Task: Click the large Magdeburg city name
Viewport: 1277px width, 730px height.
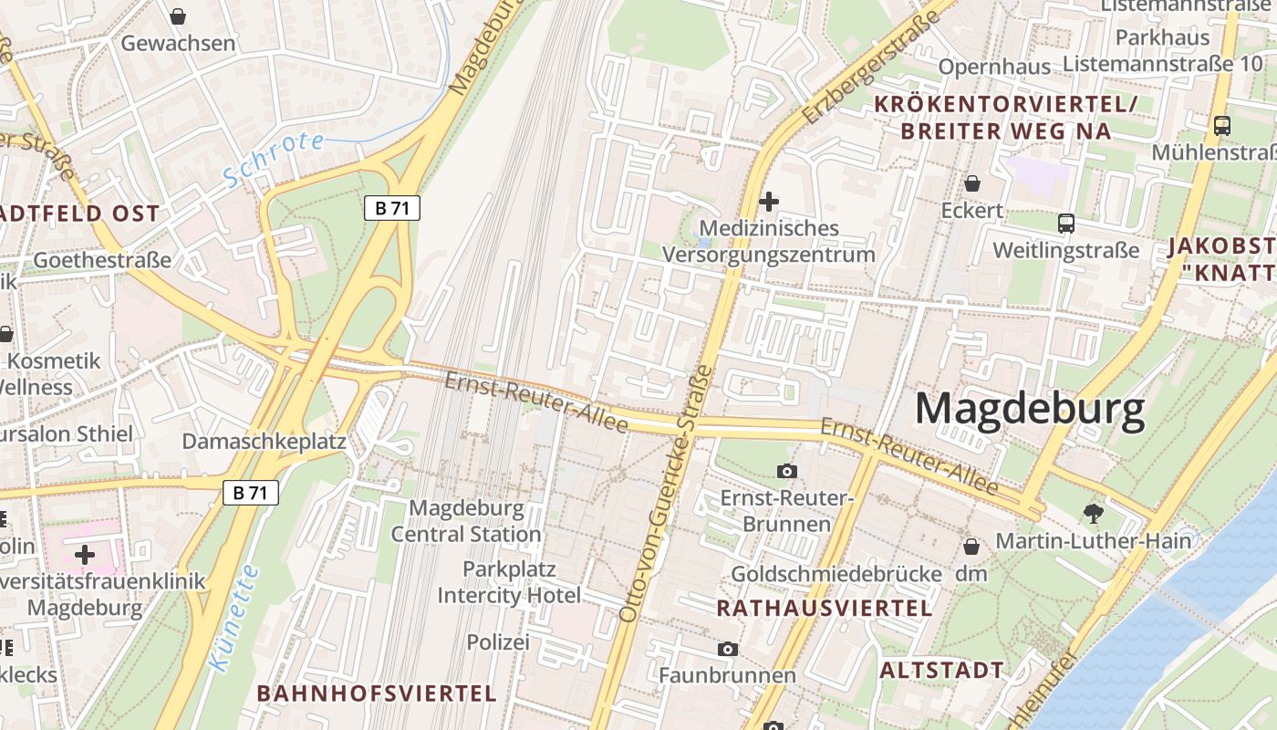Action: (1030, 410)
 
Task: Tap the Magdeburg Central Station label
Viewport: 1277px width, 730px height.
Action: (466, 520)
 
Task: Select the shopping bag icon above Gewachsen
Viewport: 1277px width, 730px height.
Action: (178, 16)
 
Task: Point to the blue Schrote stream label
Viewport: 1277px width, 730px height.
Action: (274, 158)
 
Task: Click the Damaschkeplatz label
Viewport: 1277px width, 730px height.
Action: (264, 442)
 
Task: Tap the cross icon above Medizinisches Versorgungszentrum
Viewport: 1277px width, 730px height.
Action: (769, 201)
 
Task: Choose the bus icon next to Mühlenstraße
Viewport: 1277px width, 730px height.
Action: (1222, 126)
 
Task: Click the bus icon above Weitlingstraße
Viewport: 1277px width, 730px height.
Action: (1065, 223)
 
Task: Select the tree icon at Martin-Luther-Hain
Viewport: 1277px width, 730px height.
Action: (1093, 513)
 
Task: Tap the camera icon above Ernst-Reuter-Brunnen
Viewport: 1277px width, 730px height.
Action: (786, 471)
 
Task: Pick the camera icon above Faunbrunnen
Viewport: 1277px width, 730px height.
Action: (727, 649)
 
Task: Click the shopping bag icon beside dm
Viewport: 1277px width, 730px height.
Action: (971, 547)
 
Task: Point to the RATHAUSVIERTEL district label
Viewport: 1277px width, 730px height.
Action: (824, 609)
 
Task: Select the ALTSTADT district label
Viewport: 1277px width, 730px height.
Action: (941, 670)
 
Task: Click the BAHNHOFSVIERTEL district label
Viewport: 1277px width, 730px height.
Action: (377, 693)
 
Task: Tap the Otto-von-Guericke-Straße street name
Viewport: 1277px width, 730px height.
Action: (664, 493)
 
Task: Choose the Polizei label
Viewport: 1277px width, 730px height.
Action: (498, 642)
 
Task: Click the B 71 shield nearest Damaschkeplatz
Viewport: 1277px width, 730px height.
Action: (250, 493)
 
